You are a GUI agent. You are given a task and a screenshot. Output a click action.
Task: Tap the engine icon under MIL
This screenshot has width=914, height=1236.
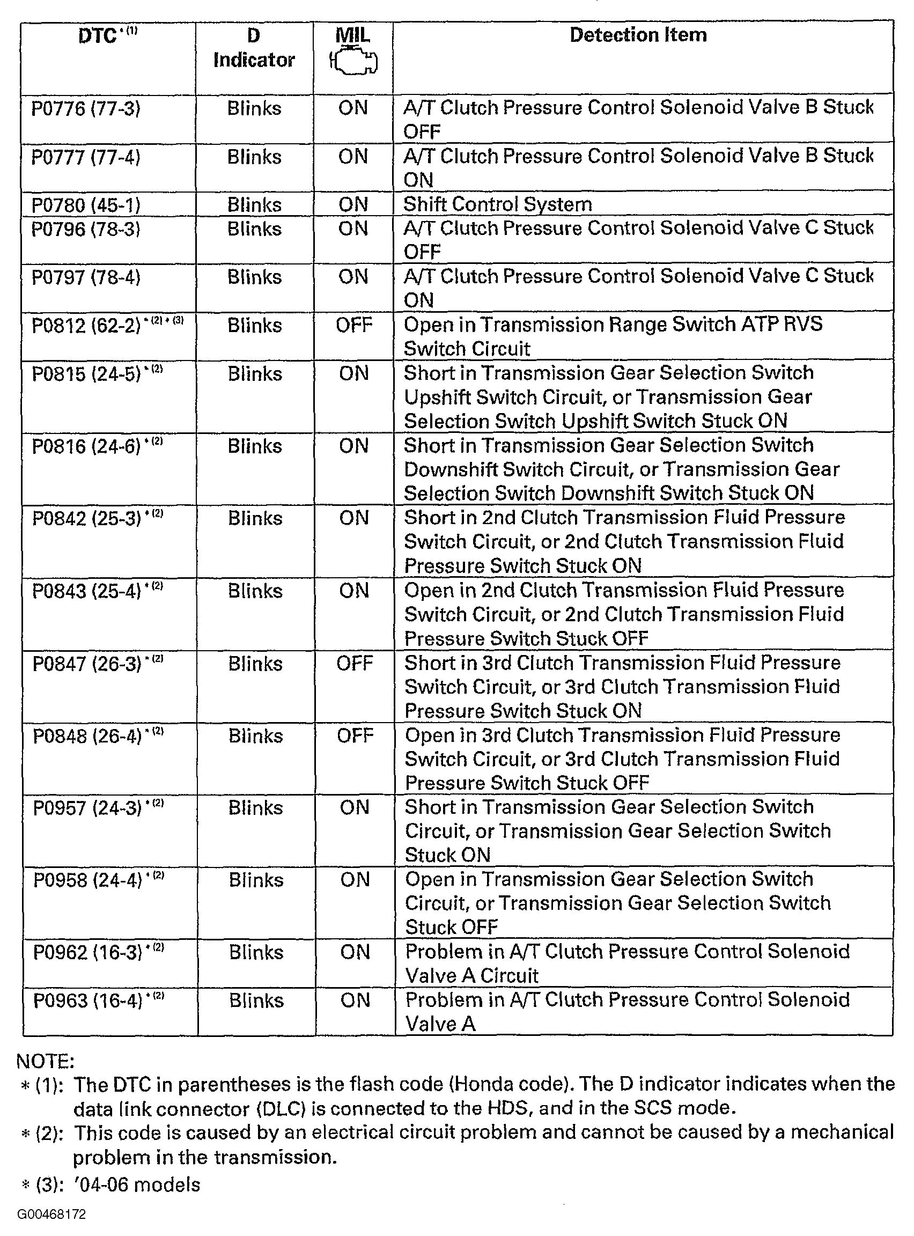pos(353,62)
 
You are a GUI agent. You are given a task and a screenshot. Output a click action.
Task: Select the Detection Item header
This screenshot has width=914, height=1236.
pos(638,35)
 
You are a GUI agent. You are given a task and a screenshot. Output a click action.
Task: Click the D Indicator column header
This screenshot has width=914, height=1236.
pos(254,48)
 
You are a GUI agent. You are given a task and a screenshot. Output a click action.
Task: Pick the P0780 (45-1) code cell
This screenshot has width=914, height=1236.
pos(86,205)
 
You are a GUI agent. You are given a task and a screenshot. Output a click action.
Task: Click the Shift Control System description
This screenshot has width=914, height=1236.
pos(497,204)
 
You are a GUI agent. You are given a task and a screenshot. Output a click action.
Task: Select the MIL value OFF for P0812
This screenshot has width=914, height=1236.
pos(354,325)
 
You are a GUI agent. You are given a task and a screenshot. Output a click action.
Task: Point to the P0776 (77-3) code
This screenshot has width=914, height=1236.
pos(86,108)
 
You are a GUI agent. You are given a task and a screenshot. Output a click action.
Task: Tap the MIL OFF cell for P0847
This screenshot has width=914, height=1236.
pos(355,663)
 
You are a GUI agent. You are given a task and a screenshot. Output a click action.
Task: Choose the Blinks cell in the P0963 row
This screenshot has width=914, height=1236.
pos(256,1000)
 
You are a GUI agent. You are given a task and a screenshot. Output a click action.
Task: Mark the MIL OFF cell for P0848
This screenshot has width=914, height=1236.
pos(355,735)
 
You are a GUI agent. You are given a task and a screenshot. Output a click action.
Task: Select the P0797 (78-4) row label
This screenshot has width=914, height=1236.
pos(86,277)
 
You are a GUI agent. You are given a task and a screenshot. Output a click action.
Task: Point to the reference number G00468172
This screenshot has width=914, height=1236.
pos(51,1215)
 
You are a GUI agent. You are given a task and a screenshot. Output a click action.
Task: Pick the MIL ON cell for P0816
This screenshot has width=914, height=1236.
pos(354,445)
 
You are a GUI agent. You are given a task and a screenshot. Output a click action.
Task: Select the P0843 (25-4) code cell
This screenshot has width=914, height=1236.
pos(87,591)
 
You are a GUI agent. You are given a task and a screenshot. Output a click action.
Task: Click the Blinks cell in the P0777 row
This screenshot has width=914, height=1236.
pos(254,157)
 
